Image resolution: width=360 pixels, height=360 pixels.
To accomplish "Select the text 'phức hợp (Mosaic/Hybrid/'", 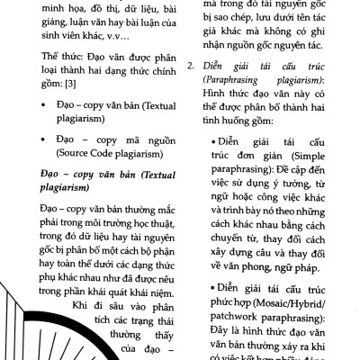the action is coord(279,305).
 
